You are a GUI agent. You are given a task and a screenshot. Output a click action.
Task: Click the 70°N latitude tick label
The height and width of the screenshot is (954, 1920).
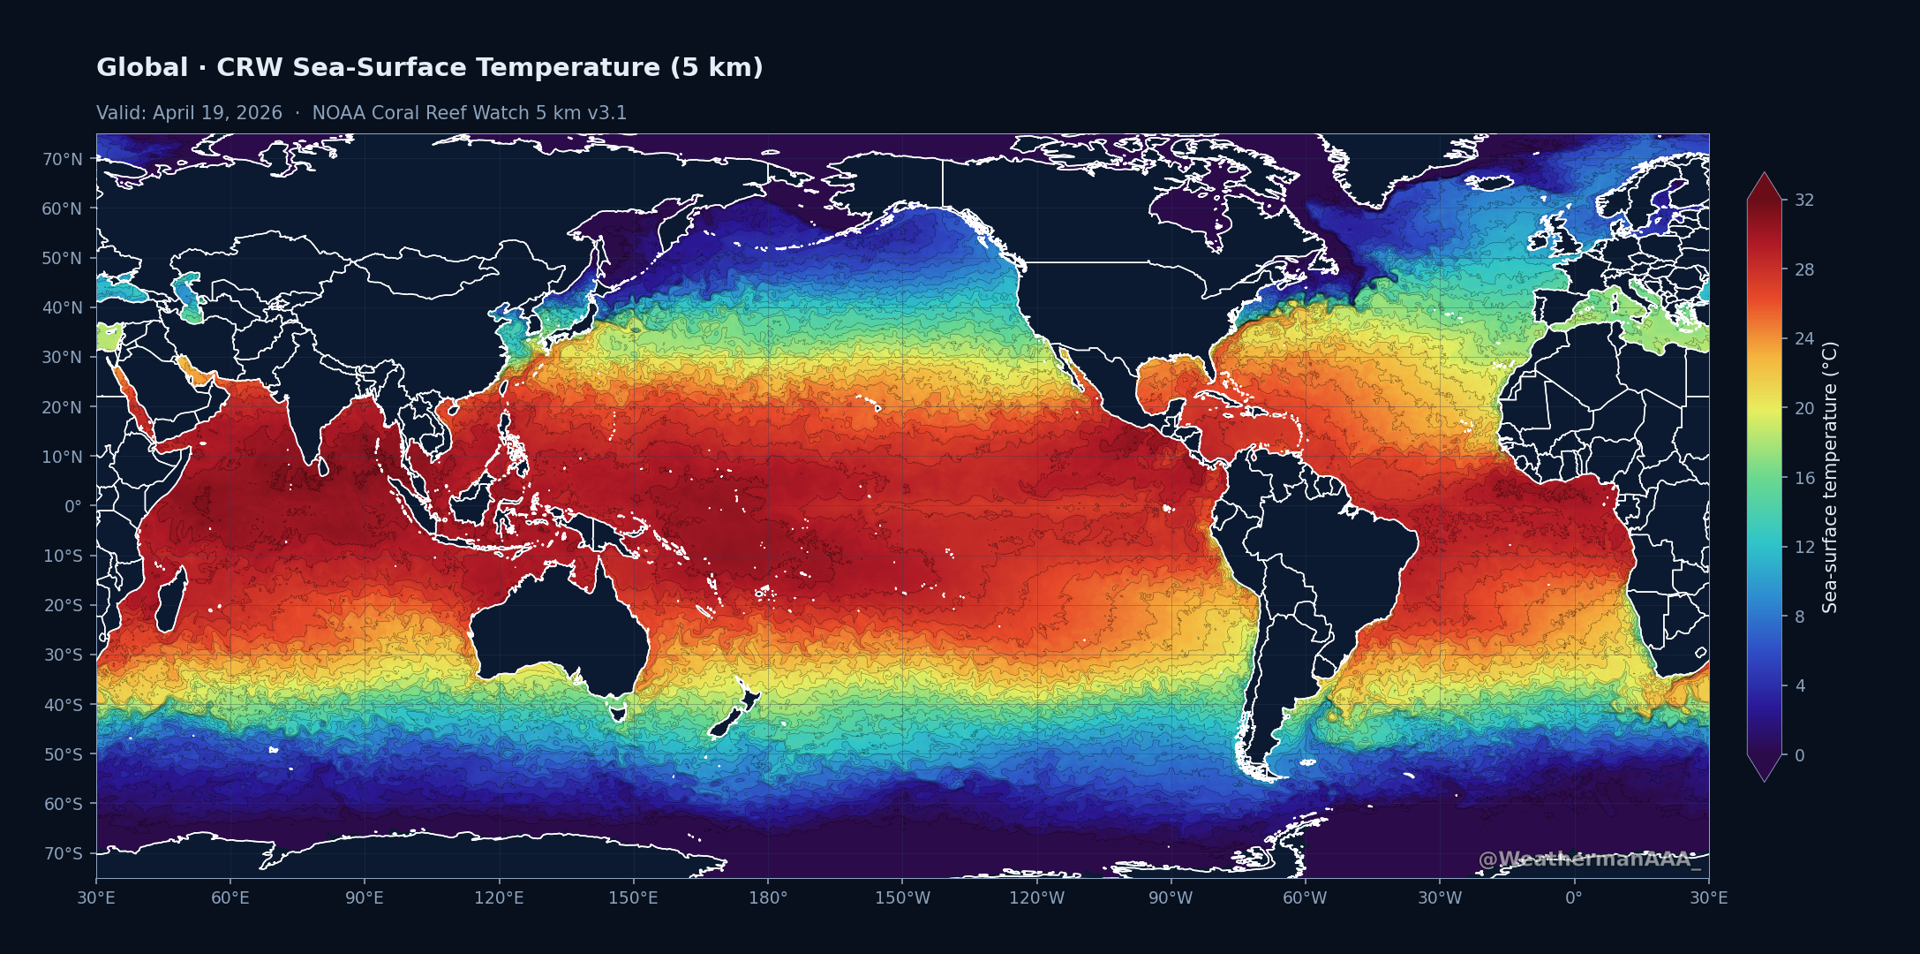click(x=62, y=159)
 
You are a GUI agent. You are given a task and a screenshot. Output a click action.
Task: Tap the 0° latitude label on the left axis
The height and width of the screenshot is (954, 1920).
click(x=72, y=506)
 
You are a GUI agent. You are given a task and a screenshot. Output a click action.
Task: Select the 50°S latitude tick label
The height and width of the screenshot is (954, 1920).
click(x=63, y=754)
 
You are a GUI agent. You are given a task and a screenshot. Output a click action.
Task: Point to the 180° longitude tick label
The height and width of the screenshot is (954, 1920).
click(x=768, y=898)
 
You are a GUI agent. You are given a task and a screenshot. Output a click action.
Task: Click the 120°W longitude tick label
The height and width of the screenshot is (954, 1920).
click(x=1036, y=898)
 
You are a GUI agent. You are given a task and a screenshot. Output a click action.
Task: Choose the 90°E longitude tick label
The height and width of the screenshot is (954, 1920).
click(x=365, y=898)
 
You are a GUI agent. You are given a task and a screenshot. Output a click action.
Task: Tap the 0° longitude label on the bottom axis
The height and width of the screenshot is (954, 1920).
click(x=1574, y=898)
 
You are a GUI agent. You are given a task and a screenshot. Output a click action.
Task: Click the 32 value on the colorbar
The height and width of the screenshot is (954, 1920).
click(x=1804, y=200)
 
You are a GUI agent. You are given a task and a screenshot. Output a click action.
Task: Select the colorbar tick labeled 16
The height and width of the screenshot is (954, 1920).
click(x=1804, y=478)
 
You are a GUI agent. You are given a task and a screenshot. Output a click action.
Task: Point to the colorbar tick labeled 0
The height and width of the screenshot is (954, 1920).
click(x=1800, y=755)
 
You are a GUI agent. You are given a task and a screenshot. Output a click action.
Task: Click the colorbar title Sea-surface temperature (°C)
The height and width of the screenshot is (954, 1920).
click(x=1830, y=477)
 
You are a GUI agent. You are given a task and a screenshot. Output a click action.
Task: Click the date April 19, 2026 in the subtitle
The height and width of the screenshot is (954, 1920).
click(x=217, y=113)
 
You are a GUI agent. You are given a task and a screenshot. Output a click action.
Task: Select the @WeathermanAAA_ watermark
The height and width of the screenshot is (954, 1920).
click(x=1589, y=859)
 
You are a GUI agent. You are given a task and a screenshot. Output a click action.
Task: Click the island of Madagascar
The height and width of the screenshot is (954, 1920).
click(x=172, y=601)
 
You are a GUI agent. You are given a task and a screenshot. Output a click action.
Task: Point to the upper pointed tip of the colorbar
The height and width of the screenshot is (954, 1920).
click(x=1764, y=175)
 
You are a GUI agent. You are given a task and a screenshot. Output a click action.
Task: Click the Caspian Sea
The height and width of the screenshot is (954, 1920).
click(x=189, y=296)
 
